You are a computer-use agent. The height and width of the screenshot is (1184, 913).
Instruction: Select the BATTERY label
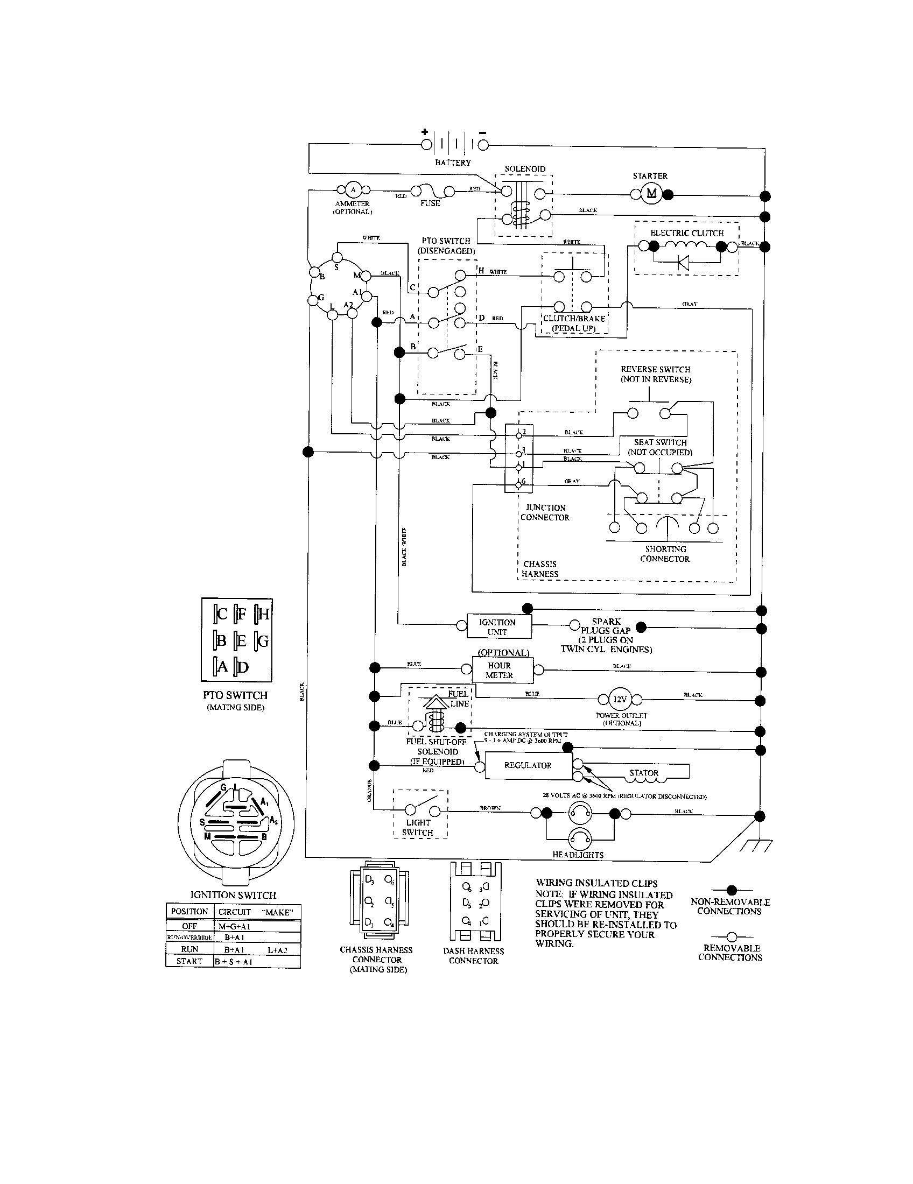[453, 163]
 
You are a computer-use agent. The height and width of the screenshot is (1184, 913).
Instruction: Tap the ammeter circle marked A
[354, 190]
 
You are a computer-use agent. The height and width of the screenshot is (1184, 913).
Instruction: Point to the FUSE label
[430, 203]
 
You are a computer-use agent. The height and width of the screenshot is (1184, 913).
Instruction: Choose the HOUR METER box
[499, 670]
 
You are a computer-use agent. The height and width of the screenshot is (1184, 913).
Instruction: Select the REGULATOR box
[528, 765]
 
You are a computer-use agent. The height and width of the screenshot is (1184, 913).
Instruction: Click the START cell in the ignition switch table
[189, 961]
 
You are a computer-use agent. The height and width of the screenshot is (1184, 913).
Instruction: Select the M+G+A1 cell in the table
[235, 927]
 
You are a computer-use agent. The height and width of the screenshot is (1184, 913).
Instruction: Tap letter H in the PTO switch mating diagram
[264, 614]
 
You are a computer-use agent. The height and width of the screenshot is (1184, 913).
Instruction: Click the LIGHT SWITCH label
[417, 827]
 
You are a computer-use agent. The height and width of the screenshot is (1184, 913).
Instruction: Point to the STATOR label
[644, 773]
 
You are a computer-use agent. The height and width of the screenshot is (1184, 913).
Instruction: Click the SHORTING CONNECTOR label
[665, 553]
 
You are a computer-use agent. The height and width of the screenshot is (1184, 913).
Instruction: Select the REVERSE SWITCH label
[656, 374]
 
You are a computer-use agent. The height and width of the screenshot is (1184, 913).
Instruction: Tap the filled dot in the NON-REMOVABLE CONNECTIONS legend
[732, 890]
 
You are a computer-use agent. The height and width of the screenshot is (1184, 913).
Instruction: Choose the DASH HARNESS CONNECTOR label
[473, 956]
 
